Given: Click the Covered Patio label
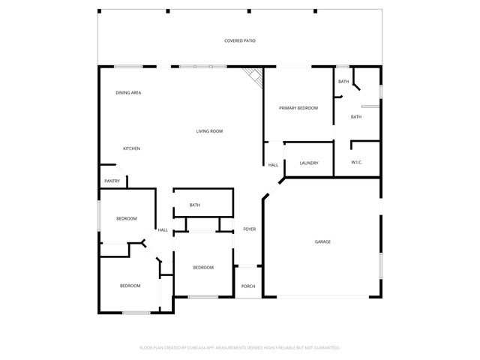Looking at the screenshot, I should [x=240, y=40].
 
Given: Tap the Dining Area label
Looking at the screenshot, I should [x=128, y=93].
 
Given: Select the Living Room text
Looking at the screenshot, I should [x=209, y=132].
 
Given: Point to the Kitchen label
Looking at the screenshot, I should [x=131, y=148].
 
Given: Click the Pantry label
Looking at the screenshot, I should [x=112, y=181].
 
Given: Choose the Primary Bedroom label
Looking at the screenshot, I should [x=298, y=109].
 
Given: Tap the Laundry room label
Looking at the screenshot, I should [x=309, y=163].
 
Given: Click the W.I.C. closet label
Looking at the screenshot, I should [x=357, y=163].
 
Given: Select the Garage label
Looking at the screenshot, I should [x=322, y=241].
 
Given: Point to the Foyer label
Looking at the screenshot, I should [x=249, y=229].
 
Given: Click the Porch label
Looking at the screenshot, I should [x=248, y=286].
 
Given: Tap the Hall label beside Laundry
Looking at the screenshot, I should [x=273, y=165].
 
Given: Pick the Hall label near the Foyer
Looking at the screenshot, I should [x=163, y=230].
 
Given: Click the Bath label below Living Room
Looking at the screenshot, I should [x=195, y=205].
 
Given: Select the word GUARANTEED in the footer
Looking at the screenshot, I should [x=325, y=348].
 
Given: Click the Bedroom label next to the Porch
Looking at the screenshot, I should [x=203, y=268].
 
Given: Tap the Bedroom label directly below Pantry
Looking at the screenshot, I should [x=126, y=218].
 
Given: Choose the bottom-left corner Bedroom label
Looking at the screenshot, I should [x=130, y=286].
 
